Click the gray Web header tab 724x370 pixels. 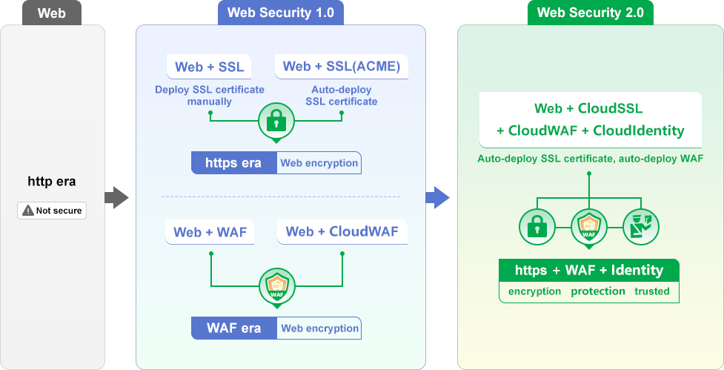(52, 13)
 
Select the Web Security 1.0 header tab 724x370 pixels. (280, 13)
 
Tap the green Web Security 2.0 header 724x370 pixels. (591, 13)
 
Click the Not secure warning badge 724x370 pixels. (52, 211)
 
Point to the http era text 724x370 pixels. (52, 181)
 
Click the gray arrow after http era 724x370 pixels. (116, 197)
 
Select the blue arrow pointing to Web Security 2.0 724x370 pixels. (438, 197)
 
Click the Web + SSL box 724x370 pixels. (209, 67)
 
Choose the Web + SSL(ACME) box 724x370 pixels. (342, 67)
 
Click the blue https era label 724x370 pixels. (233, 163)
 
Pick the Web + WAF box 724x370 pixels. (210, 232)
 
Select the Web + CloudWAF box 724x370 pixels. (342, 232)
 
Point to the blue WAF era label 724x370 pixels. (233, 328)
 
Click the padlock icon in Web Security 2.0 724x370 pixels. (537, 227)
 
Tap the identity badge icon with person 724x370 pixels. (640, 227)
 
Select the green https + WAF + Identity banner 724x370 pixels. (589, 270)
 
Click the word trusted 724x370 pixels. (652, 291)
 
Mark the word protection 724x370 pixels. (598, 291)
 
